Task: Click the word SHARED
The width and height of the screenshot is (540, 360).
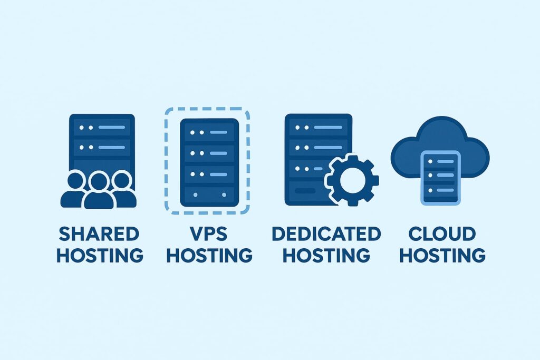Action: coord(99,233)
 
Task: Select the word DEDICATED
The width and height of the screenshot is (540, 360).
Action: coord(326,233)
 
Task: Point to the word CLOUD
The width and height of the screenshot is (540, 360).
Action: coord(442,233)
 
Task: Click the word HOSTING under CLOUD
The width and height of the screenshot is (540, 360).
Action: coord(442,256)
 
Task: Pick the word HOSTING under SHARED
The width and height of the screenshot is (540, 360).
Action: coord(100,256)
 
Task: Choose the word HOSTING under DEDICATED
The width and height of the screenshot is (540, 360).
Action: coord(326,256)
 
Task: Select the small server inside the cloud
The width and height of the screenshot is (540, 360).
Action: coord(439,177)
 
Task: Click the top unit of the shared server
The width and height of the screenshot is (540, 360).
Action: coord(102,128)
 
